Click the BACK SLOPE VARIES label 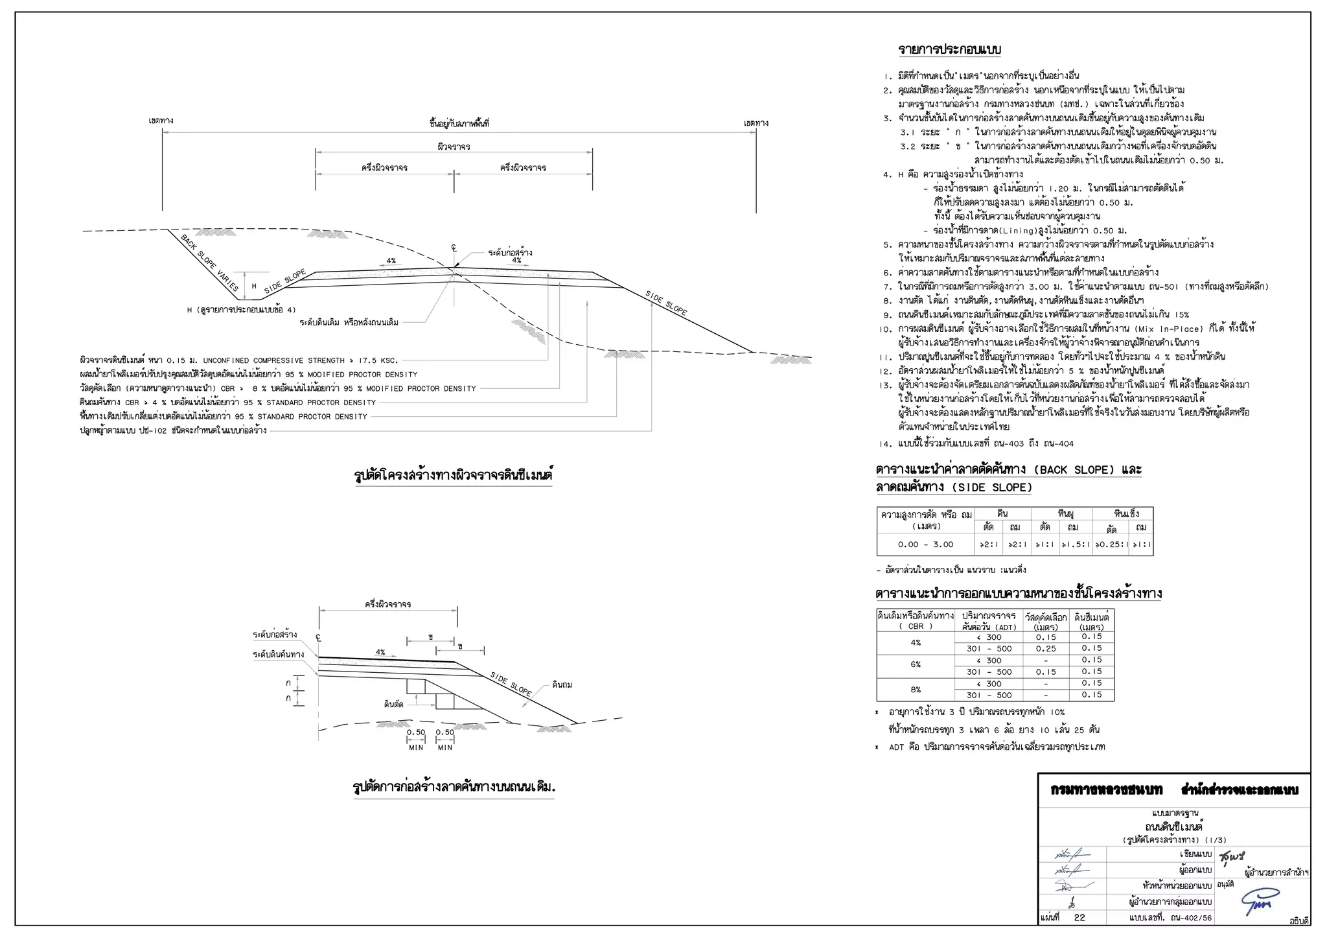coord(209,263)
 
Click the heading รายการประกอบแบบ coord(950,50)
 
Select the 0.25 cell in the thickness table coord(1046,648)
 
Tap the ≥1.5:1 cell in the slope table coord(1076,544)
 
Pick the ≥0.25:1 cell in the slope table coord(1111,544)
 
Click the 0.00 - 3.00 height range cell coord(925,544)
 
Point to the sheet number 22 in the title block coord(1079,917)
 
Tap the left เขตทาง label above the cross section coord(161,121)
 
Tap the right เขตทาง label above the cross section coord(756,123)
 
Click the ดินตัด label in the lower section coord(393,704)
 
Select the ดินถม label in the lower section coord(562,684)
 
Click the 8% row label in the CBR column coord(916,689)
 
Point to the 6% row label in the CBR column coord(916,665)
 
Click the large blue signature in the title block coord(1260,902)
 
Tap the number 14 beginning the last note coord(885,444)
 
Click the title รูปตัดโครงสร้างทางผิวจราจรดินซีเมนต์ coord(453,475)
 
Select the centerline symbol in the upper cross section coord(454,248)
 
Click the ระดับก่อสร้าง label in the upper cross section coord(510,252)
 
